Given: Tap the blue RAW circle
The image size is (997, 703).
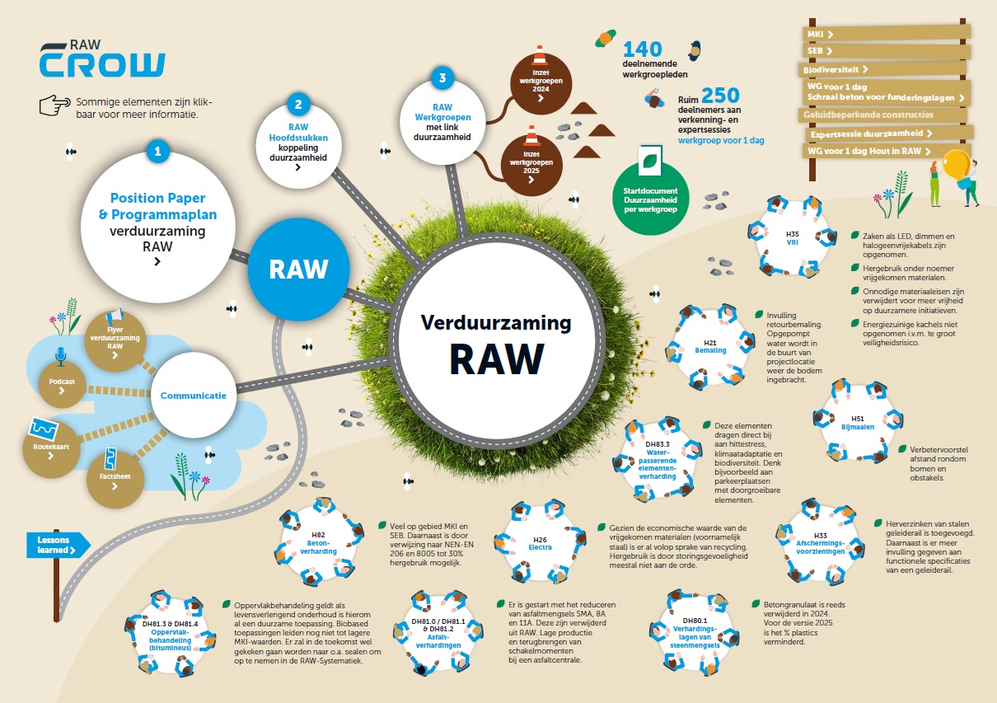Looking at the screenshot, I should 299,269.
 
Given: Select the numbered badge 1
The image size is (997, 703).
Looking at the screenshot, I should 157,151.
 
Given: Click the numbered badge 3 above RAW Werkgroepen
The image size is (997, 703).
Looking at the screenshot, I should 442,79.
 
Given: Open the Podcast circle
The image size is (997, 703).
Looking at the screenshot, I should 62,384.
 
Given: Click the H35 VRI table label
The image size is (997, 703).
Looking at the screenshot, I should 792,238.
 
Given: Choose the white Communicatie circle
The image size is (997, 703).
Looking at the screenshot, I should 194,396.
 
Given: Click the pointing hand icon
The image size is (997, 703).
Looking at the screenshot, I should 55,105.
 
